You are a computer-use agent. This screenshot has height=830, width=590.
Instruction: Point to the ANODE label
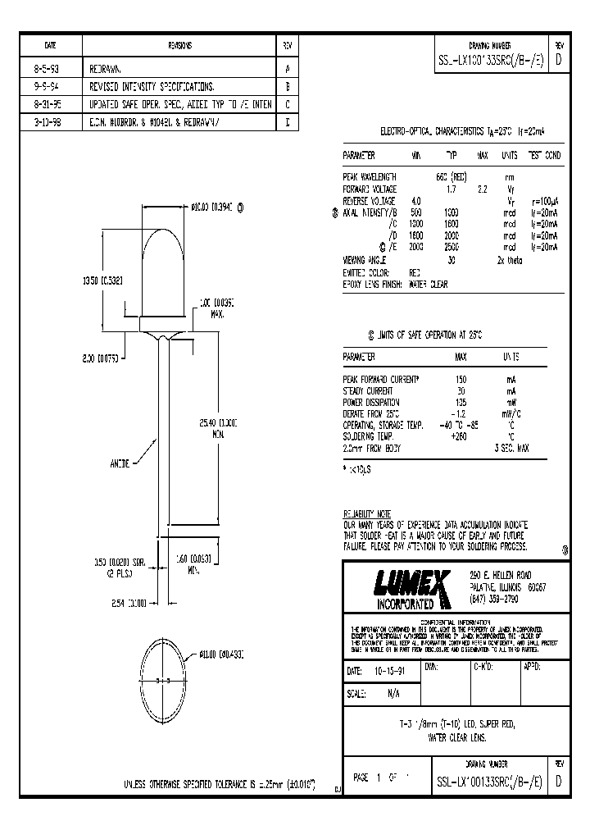[120, 463]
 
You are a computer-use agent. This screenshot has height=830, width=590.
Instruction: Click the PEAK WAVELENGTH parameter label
[370, 177]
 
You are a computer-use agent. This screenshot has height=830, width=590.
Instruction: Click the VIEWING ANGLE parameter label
[365, 259]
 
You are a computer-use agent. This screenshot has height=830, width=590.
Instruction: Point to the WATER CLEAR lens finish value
[430, 283]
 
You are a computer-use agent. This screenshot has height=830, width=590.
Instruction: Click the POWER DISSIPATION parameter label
[371, 403]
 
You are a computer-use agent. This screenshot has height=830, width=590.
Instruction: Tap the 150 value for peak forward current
[460, 379]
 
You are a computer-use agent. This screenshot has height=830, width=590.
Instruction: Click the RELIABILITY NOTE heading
[367, 513]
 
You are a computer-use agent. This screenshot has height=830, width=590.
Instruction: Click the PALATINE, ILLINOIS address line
[509, 587]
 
